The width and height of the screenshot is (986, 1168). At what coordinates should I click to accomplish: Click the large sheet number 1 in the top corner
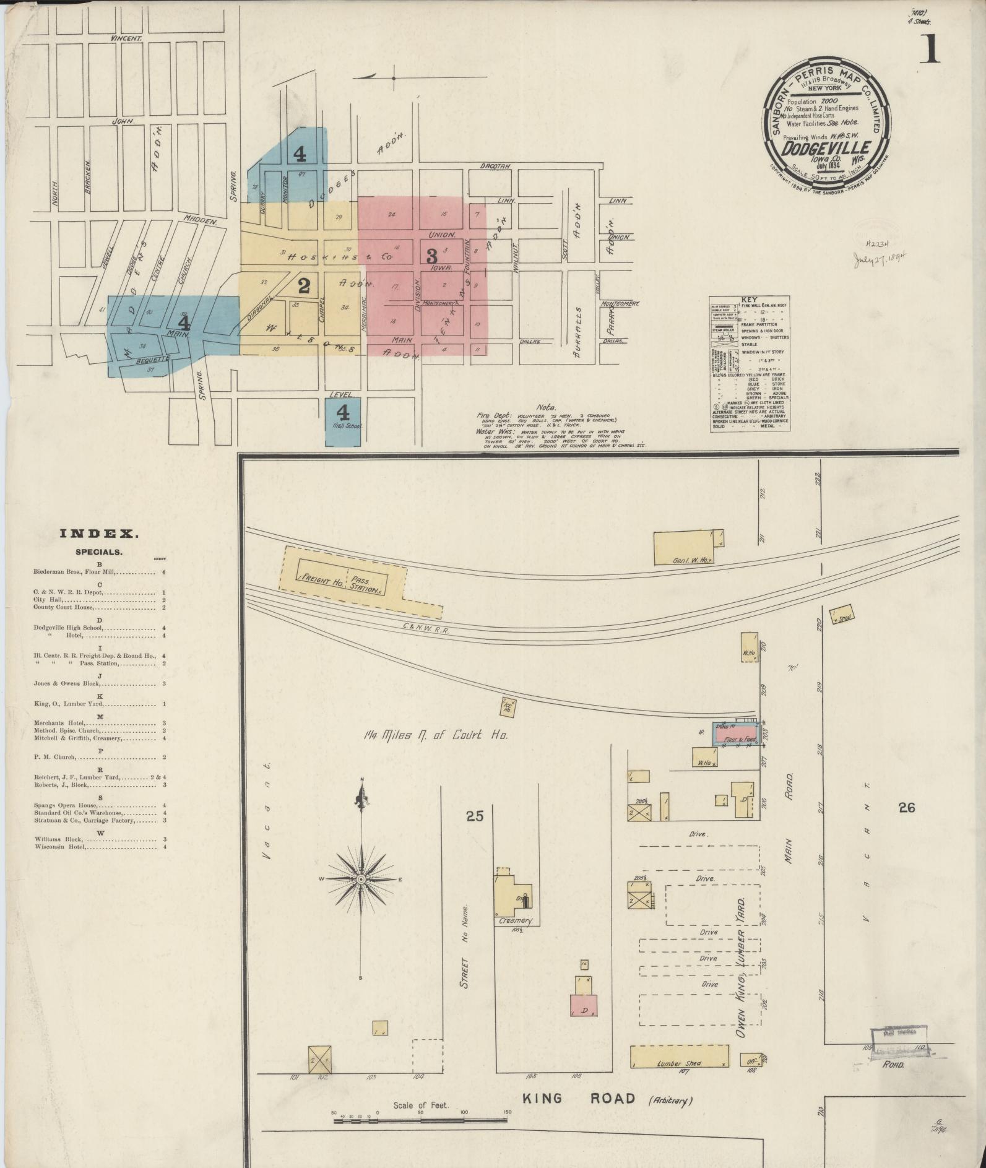point(929,50)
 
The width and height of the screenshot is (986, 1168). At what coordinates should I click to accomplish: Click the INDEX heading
point(99,533)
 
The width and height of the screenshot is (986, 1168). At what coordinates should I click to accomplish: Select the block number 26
point(905,807)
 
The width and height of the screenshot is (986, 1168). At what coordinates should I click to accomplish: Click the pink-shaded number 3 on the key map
point(432,255)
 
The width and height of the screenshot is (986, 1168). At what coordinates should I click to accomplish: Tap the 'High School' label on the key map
point(344,426)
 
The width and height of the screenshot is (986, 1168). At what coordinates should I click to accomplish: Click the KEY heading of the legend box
point(748,300)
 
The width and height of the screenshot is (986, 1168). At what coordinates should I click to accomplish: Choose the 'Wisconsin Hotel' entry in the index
point(59,846)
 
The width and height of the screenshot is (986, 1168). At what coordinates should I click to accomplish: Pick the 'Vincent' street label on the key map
point(126,38)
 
